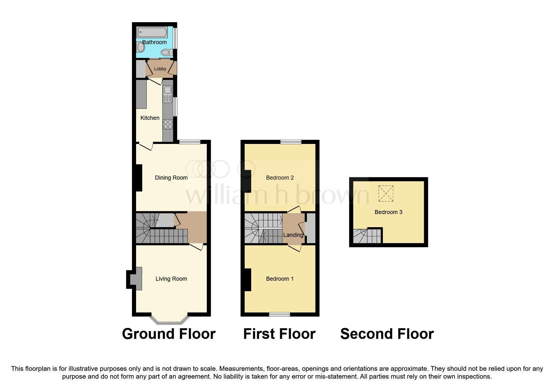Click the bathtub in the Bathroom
pos(152,32)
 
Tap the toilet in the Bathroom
pos(167,52)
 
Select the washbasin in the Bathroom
pos(141,47)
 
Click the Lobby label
pos(160,69)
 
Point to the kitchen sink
pos(168,90)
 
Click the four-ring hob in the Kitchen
pos(168,124)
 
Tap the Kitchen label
pos(150,118)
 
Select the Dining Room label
pos(171,178)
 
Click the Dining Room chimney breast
pos(139,178)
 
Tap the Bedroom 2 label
pos(280,178)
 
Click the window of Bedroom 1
pos(279,314)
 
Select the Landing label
pos(293,235)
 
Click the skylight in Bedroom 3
pos(386,193)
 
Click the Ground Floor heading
pos(169,334)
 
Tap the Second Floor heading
pos(387,334)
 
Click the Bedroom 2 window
pos(291,142)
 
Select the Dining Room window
pos(190,142)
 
